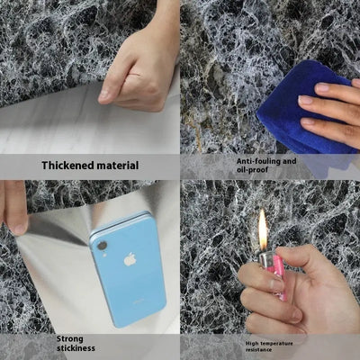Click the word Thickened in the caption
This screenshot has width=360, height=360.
click(71, 166)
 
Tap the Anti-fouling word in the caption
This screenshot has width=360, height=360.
click(244, 161)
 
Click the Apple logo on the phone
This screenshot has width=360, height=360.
click(130, 259)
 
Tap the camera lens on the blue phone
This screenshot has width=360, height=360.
click(100, 245)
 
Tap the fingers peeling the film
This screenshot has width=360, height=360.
click(13, 207)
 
